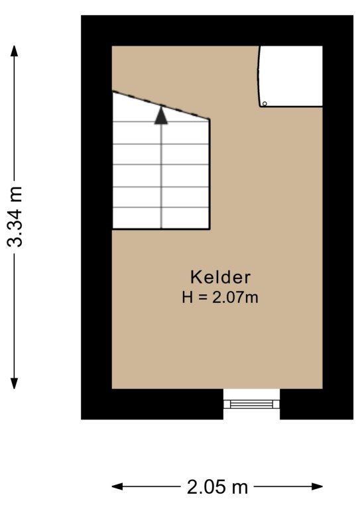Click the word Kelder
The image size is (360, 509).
(x=220, y=278)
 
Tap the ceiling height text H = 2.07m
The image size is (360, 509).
(x=220, y=298)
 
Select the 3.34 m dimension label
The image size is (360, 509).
(x=15, y=217)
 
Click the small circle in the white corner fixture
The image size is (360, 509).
(x=265, y=103)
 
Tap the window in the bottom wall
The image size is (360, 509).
(x=251, y=404)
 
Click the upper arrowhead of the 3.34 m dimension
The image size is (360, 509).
(x=14, y=50)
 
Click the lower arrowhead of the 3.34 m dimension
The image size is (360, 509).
(x=14, y=383)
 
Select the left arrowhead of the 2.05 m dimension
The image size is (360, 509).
(x=117, y=486)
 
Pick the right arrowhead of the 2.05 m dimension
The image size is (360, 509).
(x=317, y=486)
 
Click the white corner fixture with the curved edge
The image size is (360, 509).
(x=291, y=76)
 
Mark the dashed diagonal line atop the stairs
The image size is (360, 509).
(x=161, y=105)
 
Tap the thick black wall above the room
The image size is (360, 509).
(x=217, y=30)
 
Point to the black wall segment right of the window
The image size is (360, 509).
(x=316, y=404)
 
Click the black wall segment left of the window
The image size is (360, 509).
(x=152, y=404)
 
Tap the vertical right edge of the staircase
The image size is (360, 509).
(x=210, y=174)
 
